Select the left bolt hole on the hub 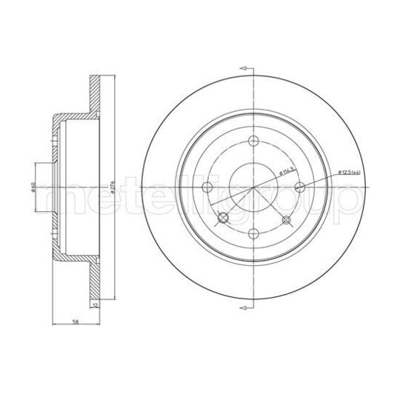click(x=208, y=187)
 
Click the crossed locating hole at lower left click(x=222, y=218)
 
